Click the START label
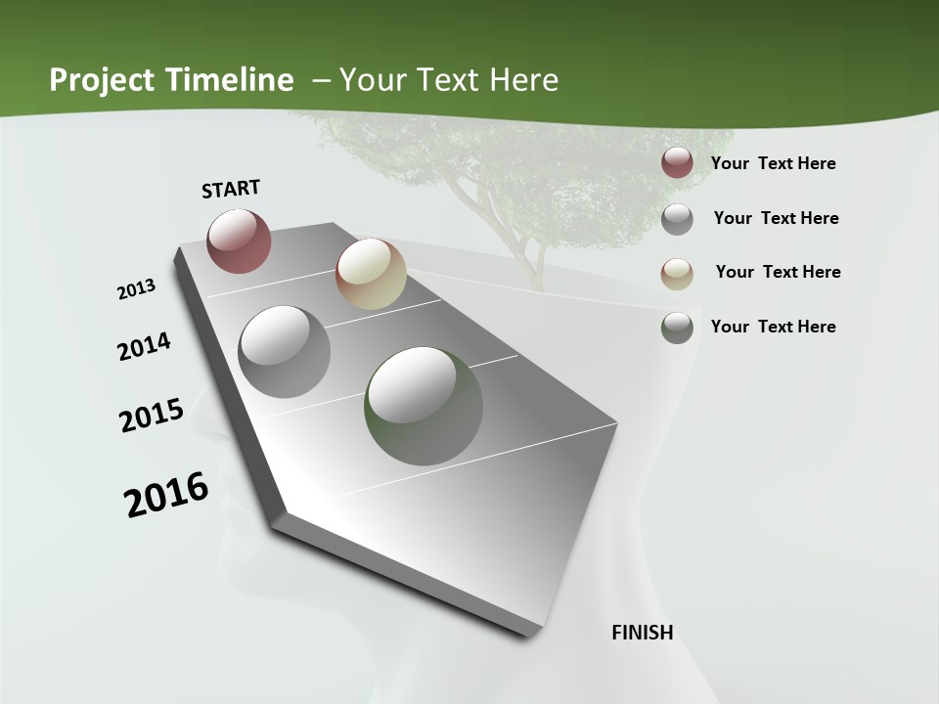[x=231, y=189]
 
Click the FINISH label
[x=642, y=633]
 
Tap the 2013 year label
[x=137, y=288]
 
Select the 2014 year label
[x=144, y=346]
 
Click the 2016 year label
[x=166, y=495]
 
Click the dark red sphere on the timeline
[x=239, y=241]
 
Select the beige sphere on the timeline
[x=371, y=274]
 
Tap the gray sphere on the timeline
[x=284, y=351]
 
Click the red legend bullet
[x=677, y=163]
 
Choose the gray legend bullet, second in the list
[x=677, y=218]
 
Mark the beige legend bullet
[x=677, y=273]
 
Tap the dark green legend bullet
[x=677, y=328]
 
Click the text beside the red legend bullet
[x=773, y=163]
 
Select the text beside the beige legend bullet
[x=778, y=272]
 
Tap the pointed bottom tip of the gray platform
[x=528, y=634]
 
